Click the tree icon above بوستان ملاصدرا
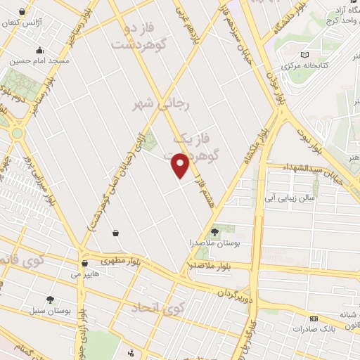click(215, 231)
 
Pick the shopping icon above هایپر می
click(85, 264)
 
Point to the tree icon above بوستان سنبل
click(50, 298)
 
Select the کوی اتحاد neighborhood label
click(162, 307)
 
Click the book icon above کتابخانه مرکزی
click(304, 54)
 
